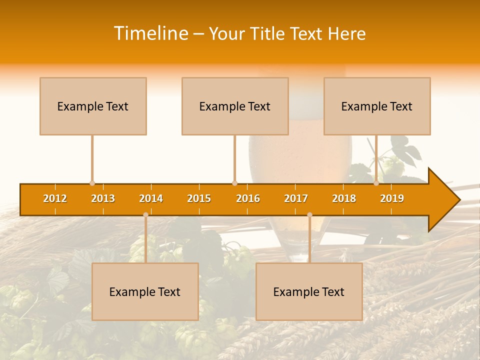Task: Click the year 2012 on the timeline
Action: coord(55,198)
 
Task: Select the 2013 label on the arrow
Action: coord(103,198)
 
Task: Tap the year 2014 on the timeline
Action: coord(151,198)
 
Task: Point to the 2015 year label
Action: coord(199,198)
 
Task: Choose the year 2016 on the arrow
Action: coord(248,198)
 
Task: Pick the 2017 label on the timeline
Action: coord(296,198)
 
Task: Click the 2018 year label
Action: coord(344,198)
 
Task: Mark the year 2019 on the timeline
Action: coord(392,198)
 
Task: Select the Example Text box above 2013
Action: coord(93,106)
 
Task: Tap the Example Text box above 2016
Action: coord(235,106)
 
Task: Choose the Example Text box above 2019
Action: coord(377,106)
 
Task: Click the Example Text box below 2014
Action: coord(145,291)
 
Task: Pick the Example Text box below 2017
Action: coord(309,291)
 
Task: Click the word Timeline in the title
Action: coord(150,33)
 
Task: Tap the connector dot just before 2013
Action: coord(92,183)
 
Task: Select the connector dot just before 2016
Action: coord(234,183)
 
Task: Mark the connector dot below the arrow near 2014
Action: coord(145,214)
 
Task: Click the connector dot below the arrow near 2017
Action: coord(309,214)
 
